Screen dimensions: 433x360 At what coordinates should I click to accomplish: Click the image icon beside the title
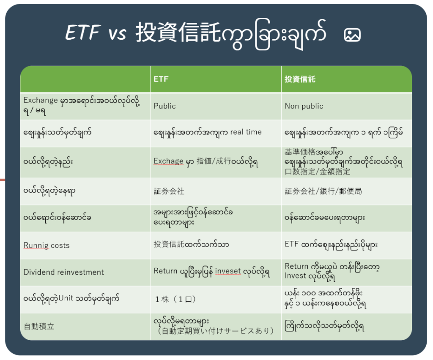tap(352, 35)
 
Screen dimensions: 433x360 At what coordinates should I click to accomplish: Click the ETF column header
tap(161, 79)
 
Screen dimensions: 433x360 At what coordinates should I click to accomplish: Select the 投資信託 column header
tap(300, 79)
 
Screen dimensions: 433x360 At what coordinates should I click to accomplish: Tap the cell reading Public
tap(164, 106)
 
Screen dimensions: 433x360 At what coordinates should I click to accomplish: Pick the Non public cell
tap(304, 106)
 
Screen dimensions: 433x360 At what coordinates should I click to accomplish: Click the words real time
tap(246, 132)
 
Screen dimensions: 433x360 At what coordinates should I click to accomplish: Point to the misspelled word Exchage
tap(168, 161)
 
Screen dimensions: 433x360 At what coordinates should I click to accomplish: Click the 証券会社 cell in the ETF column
tap(169, 191)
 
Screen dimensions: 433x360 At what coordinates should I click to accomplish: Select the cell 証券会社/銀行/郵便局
tap(323, 191)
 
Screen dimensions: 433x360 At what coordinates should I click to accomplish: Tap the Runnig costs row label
tap(47, 245)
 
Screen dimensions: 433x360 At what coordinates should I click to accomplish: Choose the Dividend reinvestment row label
tap(64, 272)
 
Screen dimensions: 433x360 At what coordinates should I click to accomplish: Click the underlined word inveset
tap(228, 271)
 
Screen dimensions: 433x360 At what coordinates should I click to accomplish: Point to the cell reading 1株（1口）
tap(175, 299)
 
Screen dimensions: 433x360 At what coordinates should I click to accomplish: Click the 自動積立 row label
tap(39, 326)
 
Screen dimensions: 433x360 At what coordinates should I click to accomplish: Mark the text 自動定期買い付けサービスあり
tap(215, 331)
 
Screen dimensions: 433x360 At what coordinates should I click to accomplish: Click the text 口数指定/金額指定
tap(318, 172)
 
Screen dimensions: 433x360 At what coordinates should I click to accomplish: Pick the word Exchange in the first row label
tap(41, 100)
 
